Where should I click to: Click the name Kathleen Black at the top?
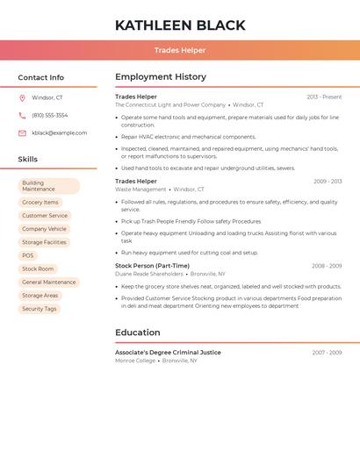180,25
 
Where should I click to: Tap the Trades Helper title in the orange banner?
180,51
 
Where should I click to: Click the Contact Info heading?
41,77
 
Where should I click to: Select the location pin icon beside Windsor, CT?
22,98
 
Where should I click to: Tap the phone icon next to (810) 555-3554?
22,116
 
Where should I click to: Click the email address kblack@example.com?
60,133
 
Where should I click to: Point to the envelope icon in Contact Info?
22,133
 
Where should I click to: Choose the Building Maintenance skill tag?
48,186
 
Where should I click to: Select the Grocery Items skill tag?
40,203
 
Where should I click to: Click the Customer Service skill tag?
45,216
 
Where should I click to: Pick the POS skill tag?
28,255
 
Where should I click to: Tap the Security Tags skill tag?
40,309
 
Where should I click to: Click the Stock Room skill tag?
38,268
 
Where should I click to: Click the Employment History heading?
161,77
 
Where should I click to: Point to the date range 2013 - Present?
324,97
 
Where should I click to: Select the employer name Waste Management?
140,190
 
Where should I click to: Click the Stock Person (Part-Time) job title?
152,266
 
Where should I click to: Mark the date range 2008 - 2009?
327,266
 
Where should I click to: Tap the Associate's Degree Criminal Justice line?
168,353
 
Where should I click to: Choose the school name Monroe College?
135,361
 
